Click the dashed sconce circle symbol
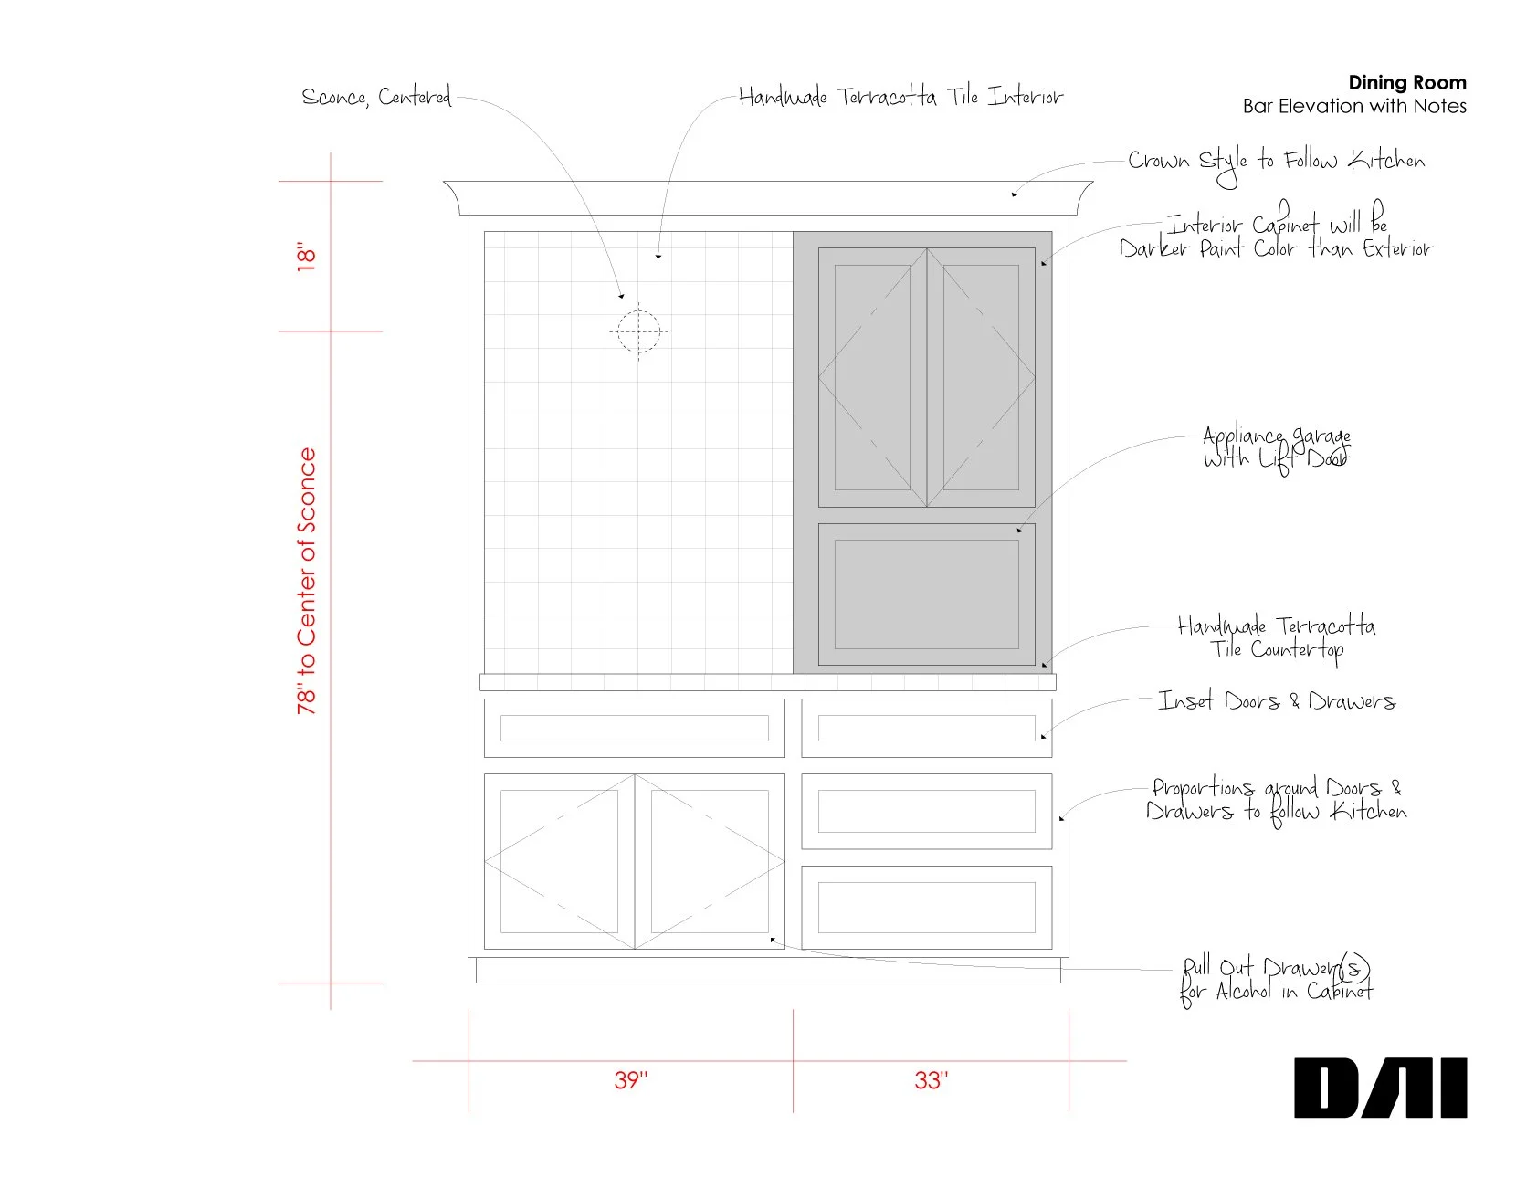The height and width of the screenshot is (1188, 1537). (638, 331)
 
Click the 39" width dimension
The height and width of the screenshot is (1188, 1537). (630, 1080)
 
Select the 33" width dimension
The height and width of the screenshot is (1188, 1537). (931, 1080)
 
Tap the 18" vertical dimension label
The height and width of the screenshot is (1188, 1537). (306, 257)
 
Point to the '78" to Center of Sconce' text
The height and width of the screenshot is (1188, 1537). (307, 581)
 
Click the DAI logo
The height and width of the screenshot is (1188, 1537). (1380, 1088)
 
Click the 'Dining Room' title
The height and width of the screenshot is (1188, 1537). (1406, 82)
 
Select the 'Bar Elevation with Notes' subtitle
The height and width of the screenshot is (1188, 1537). (1353, 106)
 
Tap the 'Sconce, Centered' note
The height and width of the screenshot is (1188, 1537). (376, 97)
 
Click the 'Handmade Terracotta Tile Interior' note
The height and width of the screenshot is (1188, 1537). (900, 97)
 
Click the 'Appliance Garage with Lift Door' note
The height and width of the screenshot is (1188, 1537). (1276, 447)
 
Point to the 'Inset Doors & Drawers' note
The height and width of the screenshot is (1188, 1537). (1276, 701)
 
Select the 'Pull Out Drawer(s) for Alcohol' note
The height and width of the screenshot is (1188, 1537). (1276, 979)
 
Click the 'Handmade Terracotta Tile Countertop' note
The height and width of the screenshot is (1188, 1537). (1276, 637)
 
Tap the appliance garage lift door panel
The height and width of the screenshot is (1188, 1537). (926, 594)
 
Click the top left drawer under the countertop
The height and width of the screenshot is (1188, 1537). (634, 728)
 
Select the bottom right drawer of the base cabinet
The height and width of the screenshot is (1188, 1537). (926, 907)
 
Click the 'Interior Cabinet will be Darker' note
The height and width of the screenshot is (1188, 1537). (1276, 236)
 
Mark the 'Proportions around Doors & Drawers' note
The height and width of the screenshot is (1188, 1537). (1276, 799)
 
